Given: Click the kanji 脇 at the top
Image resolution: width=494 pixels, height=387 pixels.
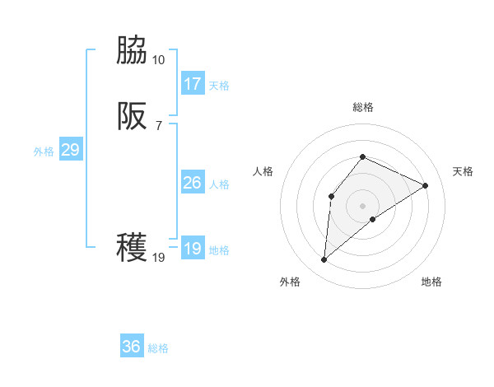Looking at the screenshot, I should (x=132, y=52).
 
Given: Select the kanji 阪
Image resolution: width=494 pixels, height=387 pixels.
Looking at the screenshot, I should (x=132, y=117).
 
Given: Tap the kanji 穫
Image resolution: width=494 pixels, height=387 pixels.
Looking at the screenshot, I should (x=132, y=248).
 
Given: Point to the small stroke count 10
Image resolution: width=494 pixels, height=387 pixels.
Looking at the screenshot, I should (x=158, y=60).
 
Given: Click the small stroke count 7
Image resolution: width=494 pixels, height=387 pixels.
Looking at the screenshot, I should (x=158, y=125).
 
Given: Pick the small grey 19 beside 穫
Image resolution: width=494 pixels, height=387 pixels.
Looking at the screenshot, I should (x=158, y=257).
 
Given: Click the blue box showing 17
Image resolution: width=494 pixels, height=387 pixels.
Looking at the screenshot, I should (x=193, y=84).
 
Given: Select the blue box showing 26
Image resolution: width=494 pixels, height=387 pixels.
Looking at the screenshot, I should (x=193, y=183).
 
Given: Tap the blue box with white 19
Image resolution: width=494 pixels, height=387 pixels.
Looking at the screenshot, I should (x=193, y=249).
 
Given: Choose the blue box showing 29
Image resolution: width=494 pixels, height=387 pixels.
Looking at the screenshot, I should (x=70, y=150).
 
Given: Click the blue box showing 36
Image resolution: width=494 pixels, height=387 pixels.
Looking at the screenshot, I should (x=132, y=347).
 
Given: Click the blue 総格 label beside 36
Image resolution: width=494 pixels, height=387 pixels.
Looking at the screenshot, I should (x=158, y=348).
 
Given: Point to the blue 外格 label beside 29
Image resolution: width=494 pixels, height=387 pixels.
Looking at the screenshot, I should (x=44, y=152).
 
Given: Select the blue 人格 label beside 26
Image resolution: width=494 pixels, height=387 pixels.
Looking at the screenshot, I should (x=219, y=184).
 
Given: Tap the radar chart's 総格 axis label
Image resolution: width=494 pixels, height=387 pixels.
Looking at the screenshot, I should (x=362, y=107).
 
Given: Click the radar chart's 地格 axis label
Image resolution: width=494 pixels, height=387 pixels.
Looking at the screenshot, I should (x=431, y=282).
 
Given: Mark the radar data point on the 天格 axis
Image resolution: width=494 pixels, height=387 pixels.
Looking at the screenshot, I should (x=426, y=185).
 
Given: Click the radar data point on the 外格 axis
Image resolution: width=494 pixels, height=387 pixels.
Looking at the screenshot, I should (x=324, y=260).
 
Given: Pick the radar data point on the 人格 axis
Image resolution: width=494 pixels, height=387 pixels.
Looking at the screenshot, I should (x=331, y=196).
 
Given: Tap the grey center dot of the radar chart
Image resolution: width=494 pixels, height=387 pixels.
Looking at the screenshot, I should (x=362, y=206).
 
